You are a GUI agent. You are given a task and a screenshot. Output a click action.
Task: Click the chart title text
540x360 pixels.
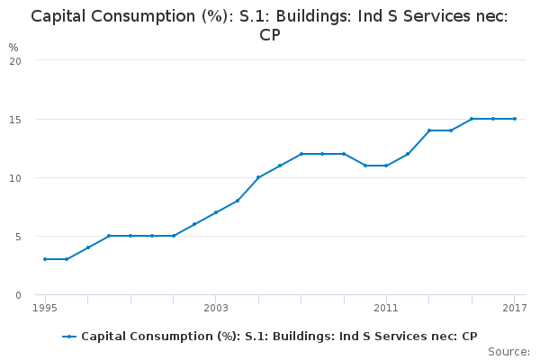[270, 25]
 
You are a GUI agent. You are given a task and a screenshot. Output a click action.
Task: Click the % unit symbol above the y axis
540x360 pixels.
[13, 47]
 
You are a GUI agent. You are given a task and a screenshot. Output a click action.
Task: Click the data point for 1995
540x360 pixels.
[45, 259]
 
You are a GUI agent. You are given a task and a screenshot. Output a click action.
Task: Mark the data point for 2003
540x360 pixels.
[216, 212]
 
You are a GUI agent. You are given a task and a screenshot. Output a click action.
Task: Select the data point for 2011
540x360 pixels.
[386, 166]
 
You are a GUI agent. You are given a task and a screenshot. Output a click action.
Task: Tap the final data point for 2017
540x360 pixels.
[514, 119]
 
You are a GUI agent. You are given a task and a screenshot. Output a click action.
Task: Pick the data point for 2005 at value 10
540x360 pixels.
[258, 177]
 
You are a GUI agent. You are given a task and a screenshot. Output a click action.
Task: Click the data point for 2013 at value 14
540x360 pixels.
[429, 130]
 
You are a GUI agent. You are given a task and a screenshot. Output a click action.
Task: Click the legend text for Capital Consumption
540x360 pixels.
[279, 337]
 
